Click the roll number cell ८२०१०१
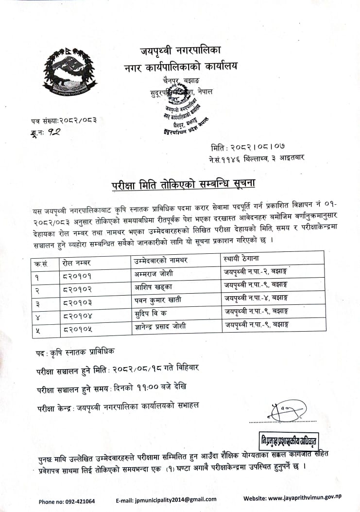click(77, 275)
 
